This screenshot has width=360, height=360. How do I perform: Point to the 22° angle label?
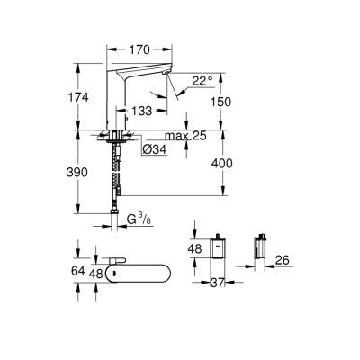click(202, 82)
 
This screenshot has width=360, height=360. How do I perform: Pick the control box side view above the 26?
click(262, 248)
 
